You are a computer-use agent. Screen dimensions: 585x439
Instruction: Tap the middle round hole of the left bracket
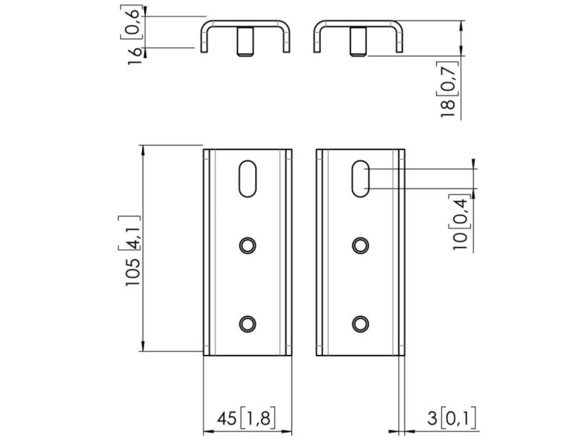click(248, 246)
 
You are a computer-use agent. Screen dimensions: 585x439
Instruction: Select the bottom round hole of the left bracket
click(248, 323)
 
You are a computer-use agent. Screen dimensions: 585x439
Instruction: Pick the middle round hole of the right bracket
click(360, 246)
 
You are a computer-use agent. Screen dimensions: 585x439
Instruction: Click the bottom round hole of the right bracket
click(360, 323)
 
